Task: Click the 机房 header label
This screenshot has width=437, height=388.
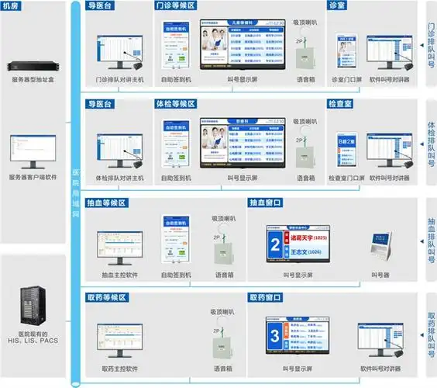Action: coord(13,7)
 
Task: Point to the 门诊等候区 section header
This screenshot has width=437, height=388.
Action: coord(175,7)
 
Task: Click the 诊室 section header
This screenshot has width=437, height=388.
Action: coord(338,7)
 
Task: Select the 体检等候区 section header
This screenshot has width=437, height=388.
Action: coord(175,104)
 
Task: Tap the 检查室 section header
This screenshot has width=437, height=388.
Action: coord(343,104)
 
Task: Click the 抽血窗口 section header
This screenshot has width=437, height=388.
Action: coord(265,203)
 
